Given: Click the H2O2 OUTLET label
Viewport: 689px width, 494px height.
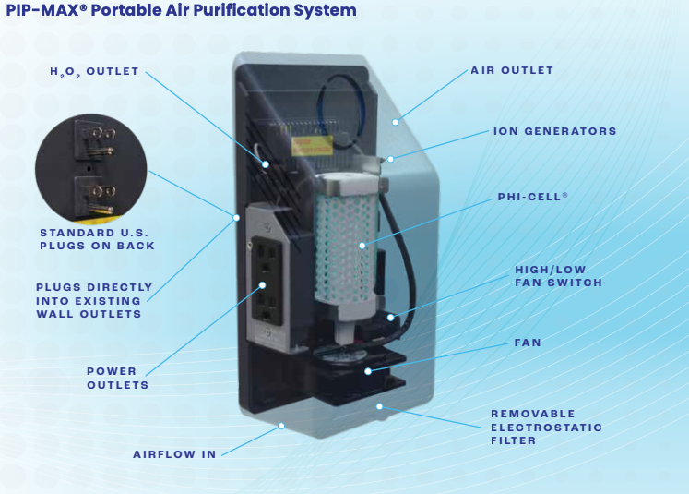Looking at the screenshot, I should point(94,71).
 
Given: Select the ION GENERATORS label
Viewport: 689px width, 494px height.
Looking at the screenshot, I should point(555,131).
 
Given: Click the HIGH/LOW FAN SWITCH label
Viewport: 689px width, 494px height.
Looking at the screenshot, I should point(558,276).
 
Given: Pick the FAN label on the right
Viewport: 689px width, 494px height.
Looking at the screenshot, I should point(528,343).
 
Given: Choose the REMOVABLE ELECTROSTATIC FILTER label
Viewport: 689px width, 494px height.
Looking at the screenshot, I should point(546,427).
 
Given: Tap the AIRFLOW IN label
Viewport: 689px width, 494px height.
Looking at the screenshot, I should point(174,454).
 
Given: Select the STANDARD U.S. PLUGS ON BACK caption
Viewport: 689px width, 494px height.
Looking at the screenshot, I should point(97,238).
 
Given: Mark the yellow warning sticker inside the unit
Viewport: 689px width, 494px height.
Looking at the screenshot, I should point(310,144).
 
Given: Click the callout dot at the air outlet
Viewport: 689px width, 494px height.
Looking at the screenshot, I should point(396,121).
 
